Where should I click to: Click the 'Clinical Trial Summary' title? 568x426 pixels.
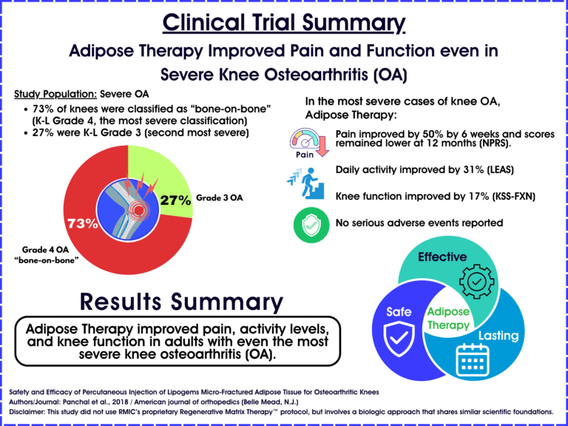click(284, 23)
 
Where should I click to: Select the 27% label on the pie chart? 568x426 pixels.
click(176, 199)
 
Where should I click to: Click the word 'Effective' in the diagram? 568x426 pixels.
click(442, 257)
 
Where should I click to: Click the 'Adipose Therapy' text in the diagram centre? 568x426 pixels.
click(448, 319)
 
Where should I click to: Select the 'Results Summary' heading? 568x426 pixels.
click(181, 301)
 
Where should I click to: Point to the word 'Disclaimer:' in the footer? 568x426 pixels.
click(35, 410)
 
